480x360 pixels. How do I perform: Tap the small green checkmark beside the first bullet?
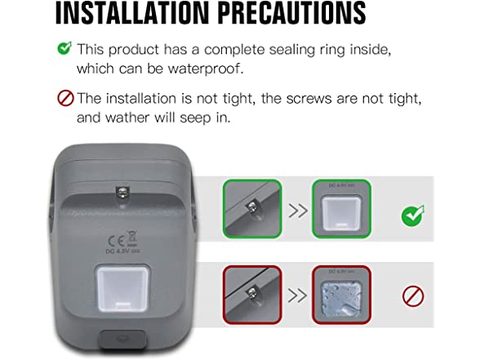[x=64, y=48]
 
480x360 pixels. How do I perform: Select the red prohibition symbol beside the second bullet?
[x=65, y=99]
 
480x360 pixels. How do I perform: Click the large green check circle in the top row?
[x=412, y=216]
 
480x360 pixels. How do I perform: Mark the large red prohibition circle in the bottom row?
[x=412, y=296]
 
